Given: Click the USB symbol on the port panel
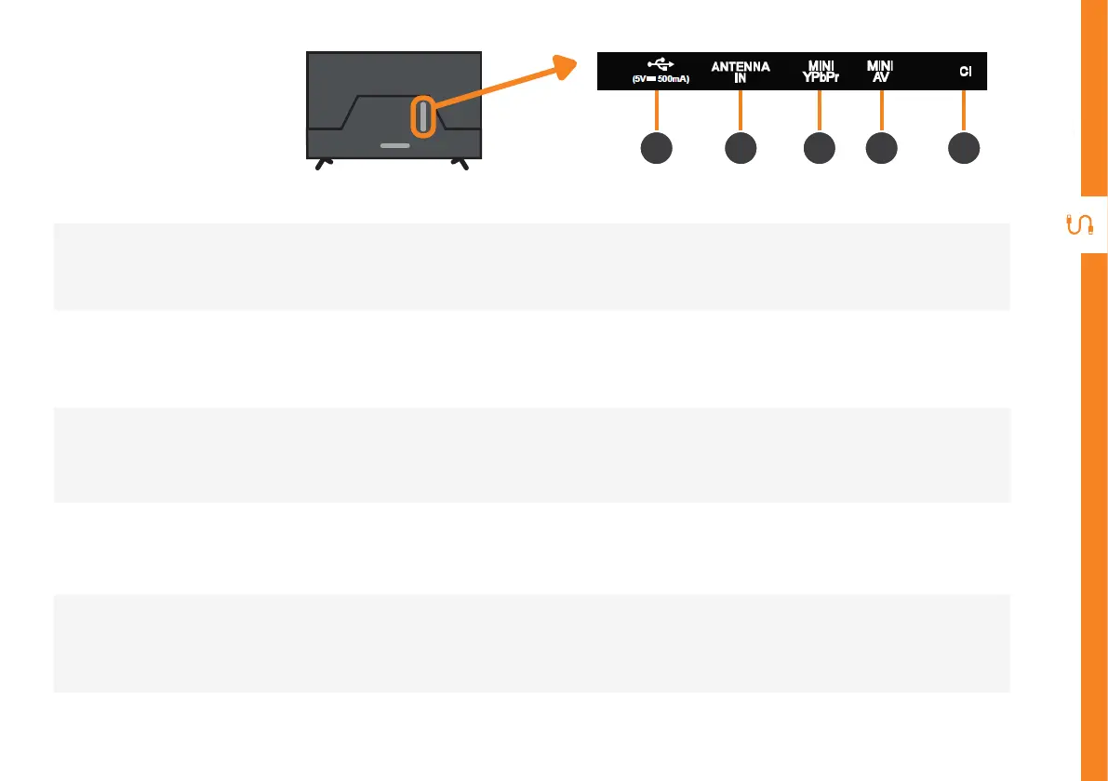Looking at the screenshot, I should point(659,64).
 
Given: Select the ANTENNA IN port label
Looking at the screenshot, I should point(741,72).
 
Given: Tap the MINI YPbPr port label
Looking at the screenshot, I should point(819,72).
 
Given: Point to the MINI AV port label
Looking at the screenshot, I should point(879,72).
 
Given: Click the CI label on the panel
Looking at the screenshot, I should point(966,72).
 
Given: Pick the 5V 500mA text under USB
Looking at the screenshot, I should point(659,80).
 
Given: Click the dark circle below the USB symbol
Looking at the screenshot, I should point(658,149).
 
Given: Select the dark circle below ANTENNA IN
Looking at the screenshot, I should point(741,149).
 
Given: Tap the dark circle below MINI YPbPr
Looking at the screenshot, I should point(819,149).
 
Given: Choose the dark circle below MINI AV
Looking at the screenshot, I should point(881,149).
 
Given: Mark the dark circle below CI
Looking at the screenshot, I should point(964,149).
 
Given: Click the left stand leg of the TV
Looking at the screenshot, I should point(321,163).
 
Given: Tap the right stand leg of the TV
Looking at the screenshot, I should point(459,163).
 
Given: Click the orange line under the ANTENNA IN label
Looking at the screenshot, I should point(741,111).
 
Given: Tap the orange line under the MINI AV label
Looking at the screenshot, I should point(881,111).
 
